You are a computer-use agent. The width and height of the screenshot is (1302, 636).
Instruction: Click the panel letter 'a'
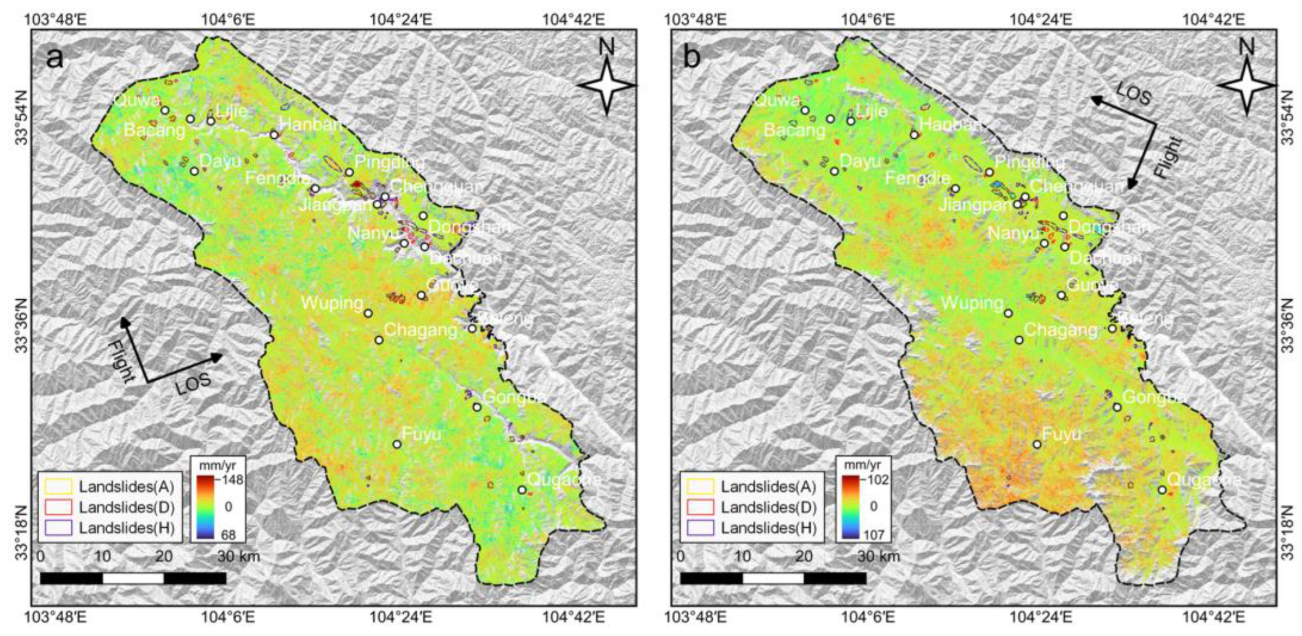(x=55, y=59)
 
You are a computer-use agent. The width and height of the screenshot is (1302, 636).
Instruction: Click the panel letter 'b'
(x=692, y=59)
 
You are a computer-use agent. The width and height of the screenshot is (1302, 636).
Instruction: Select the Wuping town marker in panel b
(x=1008, y=314)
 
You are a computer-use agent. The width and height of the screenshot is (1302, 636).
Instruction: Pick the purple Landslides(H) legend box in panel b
(x=700, y=528)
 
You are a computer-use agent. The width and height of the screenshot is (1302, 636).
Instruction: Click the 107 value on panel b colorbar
(x=874, y=534)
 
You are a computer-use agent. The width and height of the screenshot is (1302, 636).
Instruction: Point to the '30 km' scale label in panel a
(x=239, y=556)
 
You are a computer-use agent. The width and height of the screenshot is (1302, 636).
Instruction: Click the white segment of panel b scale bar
(x=773, y=578)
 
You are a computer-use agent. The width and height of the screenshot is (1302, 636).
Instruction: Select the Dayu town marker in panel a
(x=194, y=171)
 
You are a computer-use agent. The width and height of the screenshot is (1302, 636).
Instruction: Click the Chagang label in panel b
(x=1060, y=330)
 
